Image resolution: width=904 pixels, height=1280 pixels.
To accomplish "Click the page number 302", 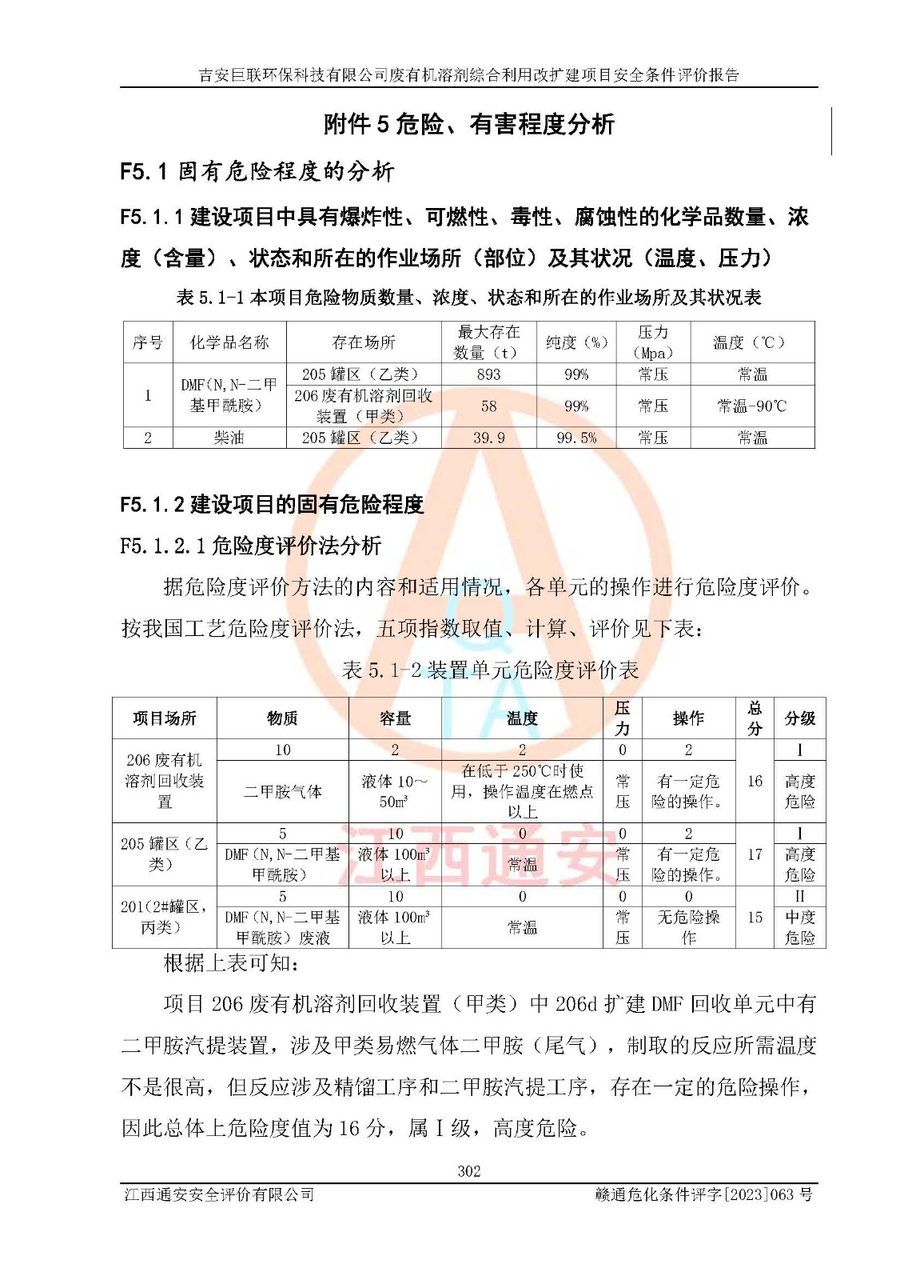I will point(468,1171).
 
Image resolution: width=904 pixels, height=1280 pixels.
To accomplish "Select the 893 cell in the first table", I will point(488,374).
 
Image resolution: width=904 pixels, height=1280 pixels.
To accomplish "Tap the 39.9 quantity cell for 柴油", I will point(488,438).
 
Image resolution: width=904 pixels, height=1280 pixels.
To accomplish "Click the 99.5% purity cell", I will point(576,438).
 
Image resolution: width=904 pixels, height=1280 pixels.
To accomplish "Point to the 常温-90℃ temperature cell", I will point(751,406).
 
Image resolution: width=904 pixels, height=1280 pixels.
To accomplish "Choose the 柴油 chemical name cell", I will point(229,438).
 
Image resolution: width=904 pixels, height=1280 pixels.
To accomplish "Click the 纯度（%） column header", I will point(576,342).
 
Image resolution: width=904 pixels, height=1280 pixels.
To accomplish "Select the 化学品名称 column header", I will point(229,342).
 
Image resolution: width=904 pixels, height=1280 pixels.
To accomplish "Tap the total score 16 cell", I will point(755,781).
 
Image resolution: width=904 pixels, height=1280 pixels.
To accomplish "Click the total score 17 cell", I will point(755,854).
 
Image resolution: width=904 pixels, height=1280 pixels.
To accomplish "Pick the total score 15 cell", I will point(755,918).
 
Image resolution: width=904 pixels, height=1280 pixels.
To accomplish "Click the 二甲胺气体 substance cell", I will point(282,791).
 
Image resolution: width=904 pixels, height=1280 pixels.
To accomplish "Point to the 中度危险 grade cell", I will point(799,927).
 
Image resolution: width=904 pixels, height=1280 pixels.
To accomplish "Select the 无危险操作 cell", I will point(688,927).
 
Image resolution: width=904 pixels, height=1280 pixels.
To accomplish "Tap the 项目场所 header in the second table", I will point(164,718).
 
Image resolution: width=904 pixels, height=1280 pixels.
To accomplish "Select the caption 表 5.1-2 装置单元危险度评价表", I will point(490,670).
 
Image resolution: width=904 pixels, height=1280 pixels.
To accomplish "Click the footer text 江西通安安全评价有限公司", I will point(219,1194).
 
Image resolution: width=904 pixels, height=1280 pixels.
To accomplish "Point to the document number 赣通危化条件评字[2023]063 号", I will point(703,1194).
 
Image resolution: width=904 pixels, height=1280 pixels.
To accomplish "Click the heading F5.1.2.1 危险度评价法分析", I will point(250,546).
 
